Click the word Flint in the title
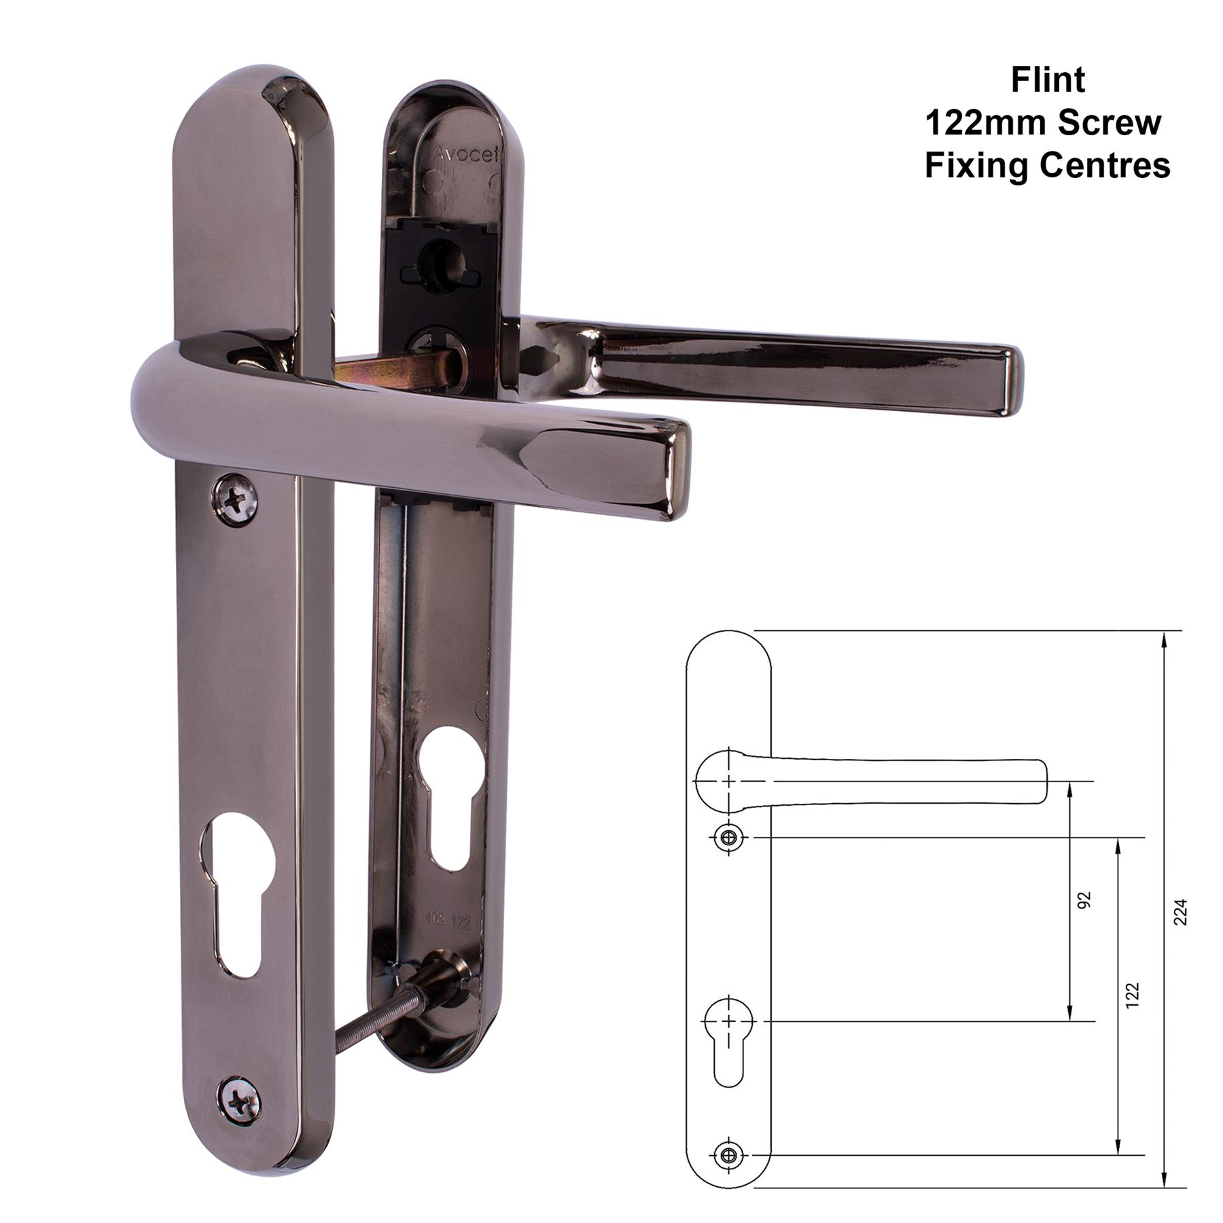coord(1047,80)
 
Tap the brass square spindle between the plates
coord(401,370)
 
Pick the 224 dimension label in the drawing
coord(1180,912)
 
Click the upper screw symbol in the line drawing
coord(729,838)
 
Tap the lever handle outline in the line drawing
coord(883,781)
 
